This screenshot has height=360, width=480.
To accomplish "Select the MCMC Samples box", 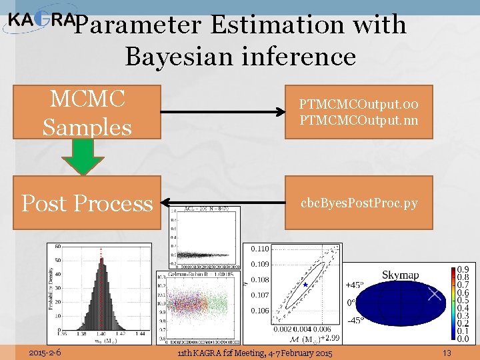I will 87,111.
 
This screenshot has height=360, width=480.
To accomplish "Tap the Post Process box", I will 87,203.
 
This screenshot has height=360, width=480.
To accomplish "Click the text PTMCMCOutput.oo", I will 359,104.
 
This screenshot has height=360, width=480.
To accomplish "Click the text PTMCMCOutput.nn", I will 359,120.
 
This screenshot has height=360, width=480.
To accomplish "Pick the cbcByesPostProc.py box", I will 359,203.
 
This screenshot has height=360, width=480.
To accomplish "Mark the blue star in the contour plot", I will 305,285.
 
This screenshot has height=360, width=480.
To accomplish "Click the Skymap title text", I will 400,275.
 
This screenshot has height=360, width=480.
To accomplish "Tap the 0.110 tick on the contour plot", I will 260,249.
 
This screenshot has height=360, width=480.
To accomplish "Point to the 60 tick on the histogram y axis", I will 57,247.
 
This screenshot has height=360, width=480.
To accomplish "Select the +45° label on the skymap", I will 354,285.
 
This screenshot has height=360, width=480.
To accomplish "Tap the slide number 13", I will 447,352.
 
